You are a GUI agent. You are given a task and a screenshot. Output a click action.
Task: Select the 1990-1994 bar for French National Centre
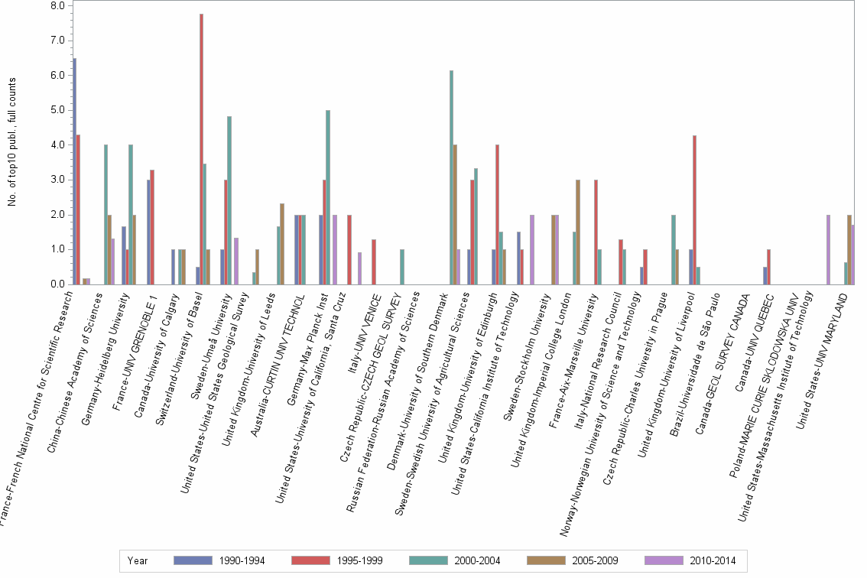74,171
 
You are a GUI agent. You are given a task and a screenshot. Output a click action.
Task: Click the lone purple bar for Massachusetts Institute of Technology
828,249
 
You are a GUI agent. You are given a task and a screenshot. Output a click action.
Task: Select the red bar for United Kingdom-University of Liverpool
694,209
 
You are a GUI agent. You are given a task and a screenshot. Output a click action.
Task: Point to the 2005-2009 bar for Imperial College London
578,232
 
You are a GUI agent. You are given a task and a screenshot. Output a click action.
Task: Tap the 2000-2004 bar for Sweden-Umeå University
229,200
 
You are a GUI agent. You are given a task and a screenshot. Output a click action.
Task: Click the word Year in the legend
138,561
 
